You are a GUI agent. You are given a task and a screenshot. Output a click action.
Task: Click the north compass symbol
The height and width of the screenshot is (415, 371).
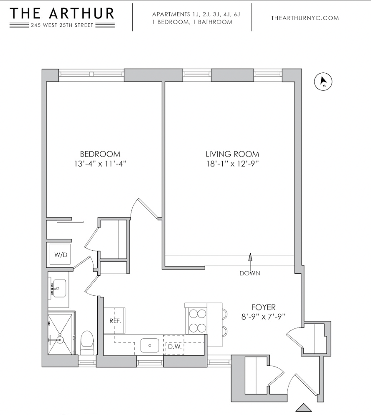(323, 82)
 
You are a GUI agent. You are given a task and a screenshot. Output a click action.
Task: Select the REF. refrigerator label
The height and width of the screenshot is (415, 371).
(115, 321)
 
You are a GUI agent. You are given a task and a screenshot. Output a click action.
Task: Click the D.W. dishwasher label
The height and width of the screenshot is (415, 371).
(173, 346)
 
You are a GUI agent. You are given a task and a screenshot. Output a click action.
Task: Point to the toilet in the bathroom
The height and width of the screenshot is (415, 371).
(87, 341)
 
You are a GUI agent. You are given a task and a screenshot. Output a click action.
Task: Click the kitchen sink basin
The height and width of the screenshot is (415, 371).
(149, 346)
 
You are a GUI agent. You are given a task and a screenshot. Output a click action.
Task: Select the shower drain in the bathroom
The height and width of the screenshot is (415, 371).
(60, 340)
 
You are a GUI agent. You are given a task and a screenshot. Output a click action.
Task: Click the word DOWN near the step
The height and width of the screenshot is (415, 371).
(250, 273)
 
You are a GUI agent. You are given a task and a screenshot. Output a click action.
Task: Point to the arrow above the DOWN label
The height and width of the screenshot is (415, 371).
(250, 258)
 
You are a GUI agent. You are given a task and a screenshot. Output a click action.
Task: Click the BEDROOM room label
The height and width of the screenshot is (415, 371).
(100, 154)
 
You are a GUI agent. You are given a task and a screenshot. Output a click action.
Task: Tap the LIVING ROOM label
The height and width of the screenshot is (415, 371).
(232, 154)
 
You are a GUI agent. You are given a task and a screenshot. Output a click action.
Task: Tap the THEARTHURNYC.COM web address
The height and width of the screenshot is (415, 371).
(305, 18)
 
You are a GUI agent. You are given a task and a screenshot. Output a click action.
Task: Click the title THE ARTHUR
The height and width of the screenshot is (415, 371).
(62, 13)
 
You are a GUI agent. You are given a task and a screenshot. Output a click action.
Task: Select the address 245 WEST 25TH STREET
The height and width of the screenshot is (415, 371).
(62, 25)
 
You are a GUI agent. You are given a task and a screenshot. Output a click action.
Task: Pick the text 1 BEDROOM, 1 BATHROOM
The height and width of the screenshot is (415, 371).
(192, 22)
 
